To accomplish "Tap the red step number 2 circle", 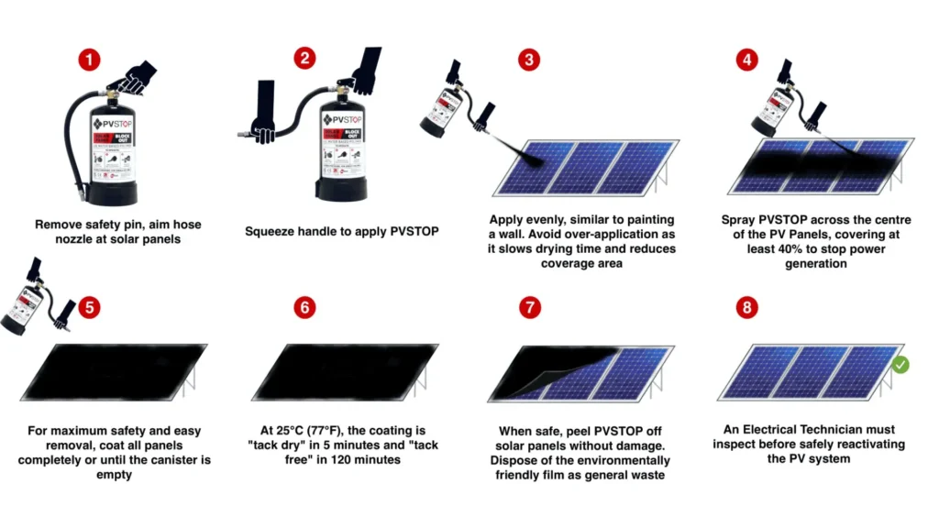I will pos(304,60).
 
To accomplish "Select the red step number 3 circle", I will pos(528,60).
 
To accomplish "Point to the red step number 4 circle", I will pos(747,60).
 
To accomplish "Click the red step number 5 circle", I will pos(89,307).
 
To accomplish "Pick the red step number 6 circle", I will pos(304,307).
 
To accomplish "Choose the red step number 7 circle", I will pos(528,307).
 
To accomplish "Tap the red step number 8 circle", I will pos(747,307).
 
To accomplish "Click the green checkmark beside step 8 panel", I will pos(900,365).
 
